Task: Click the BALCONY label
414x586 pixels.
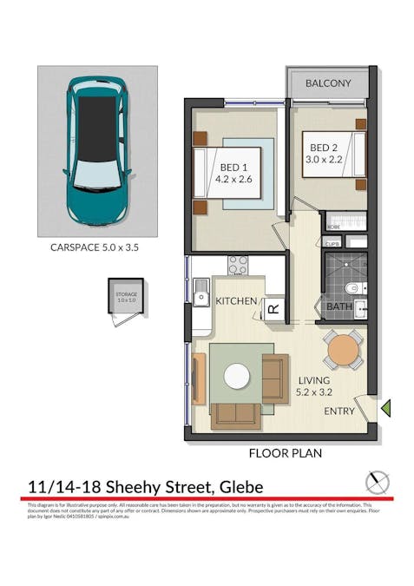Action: [x=328, y=83]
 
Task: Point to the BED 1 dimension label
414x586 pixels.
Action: [x=233, y=174]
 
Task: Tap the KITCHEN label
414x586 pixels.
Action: [x=236, y=301]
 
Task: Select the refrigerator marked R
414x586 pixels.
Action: [x=273, y=308]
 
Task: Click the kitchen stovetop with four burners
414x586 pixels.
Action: [x=238, y=266]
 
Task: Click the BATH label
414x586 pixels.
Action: [x=338, y=306]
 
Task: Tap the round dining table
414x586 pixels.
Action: [x=344, y=349]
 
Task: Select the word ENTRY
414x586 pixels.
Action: [x=339, y=411]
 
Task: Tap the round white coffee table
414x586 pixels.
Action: [x=236, y=376]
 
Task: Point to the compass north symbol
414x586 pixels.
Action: [x=378, y=483]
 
